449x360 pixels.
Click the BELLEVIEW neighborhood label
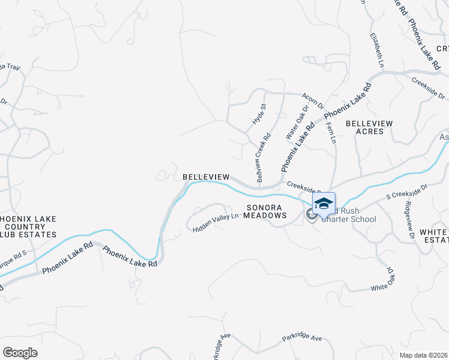pyautogui.click(x=206, y=177)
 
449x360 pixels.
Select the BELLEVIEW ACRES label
pyautogui.click(x=369, y=127)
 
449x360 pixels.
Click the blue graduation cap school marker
pyautogui.click(x=324, y=203)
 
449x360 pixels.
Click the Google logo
pyautogui.click(x=20, y=353)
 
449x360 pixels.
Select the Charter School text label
pyautogui.click(x=349, y=219)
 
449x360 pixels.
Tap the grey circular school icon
pyautogui.click(x=311, y=214)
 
